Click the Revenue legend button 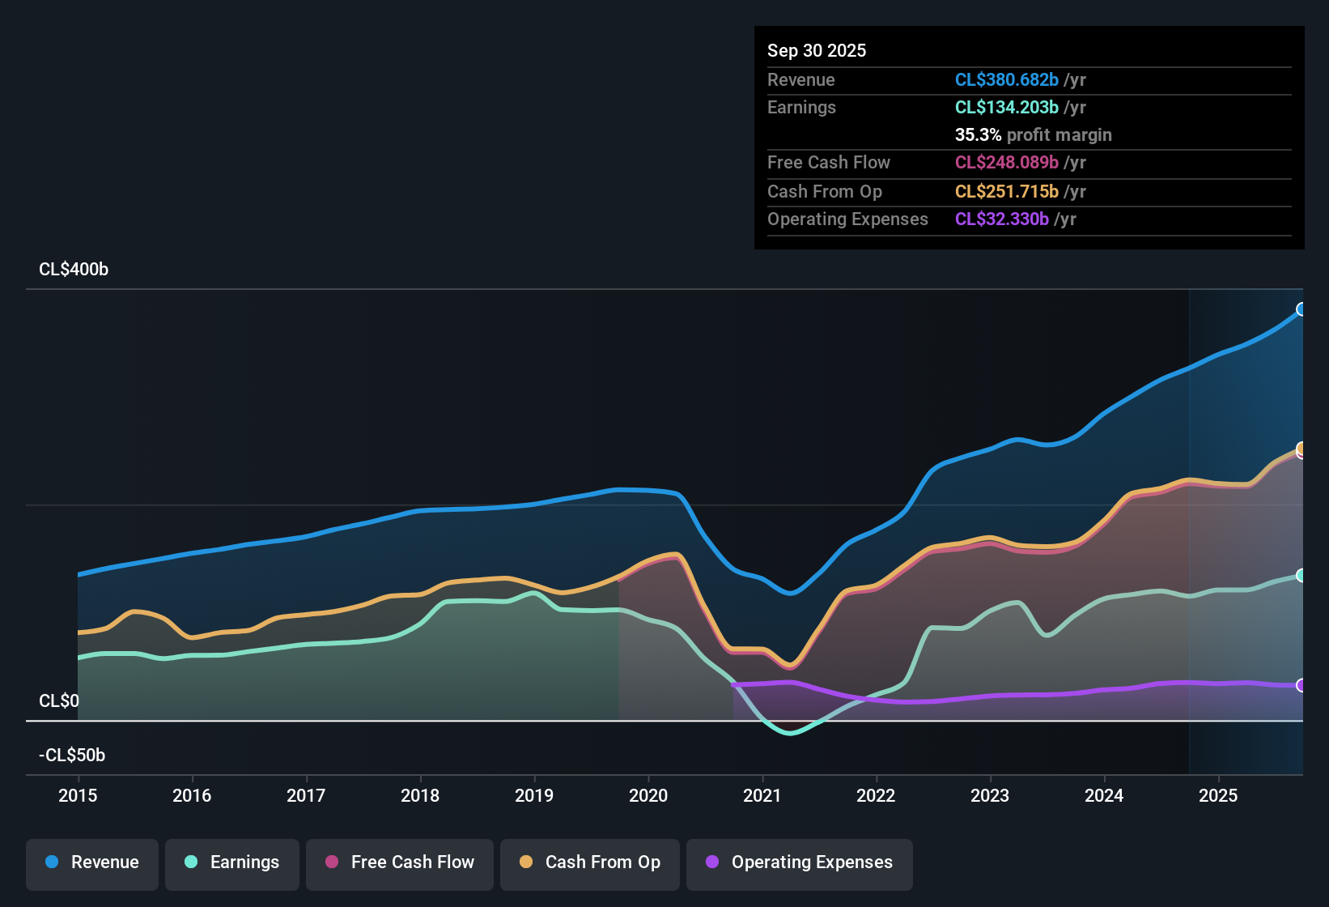pos(92,862)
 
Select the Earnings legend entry pos(232,862)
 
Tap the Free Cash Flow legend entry pos(400,862)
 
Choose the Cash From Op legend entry pos(590,862)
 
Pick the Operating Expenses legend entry pos(800,862)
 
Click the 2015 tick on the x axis pos(78,795)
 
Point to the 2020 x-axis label pos(648,795)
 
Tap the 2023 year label pos(990,795)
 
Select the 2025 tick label pos(1218,795)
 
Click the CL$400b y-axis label pos(74,270)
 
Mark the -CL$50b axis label pos(72,756)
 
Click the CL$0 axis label pos(59,701)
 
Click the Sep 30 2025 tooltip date pos(817,51)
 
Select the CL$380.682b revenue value pos(1006,80)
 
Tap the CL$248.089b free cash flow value pos(1006,163)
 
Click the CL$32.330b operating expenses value pos(1001,219)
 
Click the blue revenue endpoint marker pos(1301,309)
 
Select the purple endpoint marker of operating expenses pos(1301,685)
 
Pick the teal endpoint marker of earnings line pos(1301,575)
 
